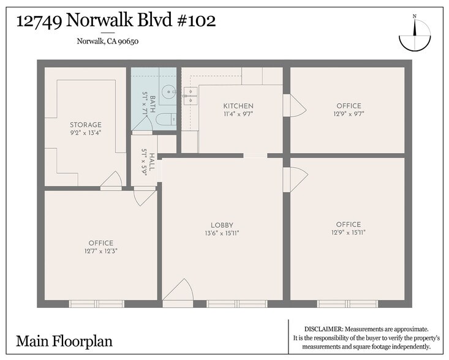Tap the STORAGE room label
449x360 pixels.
(x=86, y=125)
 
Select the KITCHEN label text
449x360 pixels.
(x=238, y=106)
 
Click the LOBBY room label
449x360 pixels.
(x=222, y=225)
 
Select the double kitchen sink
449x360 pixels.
(x=190, y=95)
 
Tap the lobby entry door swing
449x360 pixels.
(x=179, y=291)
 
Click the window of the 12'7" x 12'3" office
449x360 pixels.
(x=96, y=304)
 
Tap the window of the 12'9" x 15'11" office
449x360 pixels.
(x=347, y=304)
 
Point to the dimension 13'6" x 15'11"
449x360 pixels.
(x=222, y=233)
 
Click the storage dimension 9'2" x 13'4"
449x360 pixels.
(x=86, y=133)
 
